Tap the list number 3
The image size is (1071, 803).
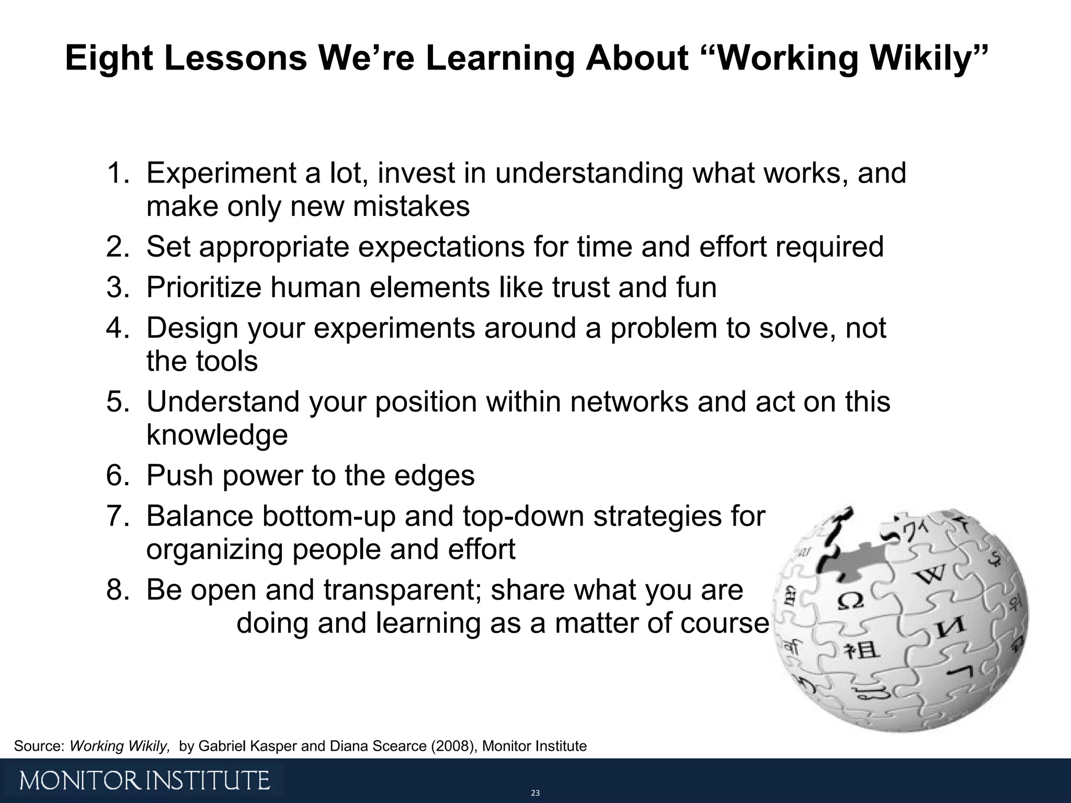point(116,288)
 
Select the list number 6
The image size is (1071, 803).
point(116,476)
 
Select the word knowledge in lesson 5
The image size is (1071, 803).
point(217,435)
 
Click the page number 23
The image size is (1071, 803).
point(535,793)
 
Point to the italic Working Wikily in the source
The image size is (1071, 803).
point(120,746)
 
